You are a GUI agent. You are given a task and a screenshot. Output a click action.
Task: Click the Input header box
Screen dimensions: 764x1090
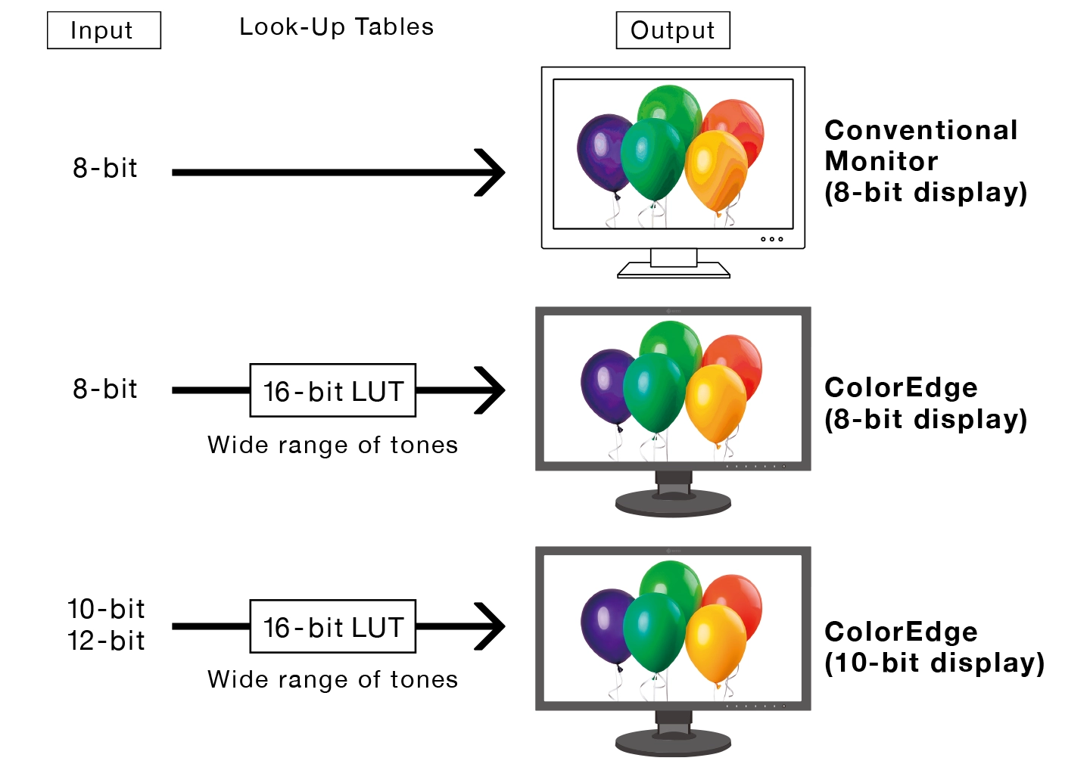(x=104, y=30)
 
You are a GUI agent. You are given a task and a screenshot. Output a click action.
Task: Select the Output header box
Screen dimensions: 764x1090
(x=673, y=30)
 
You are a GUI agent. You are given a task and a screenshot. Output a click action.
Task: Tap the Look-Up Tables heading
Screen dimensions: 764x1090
(x=336, y=27)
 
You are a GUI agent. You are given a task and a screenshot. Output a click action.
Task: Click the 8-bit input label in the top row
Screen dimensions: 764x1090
(x=105, y=168)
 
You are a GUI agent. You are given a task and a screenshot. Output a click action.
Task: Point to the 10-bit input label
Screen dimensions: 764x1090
(x=106, y=609)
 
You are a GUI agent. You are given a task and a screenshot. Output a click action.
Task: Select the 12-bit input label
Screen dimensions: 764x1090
(x=106, y=641)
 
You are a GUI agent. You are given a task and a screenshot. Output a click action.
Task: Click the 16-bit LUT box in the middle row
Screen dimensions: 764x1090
(x=333, y=390)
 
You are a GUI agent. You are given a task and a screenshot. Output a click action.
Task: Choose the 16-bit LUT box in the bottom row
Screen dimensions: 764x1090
(x=333, y=626)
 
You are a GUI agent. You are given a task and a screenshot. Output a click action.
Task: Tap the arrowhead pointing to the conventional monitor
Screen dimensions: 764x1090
(x=492, y=172)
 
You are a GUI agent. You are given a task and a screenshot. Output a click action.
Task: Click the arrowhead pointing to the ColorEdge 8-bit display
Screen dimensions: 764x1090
(x=492, y=390)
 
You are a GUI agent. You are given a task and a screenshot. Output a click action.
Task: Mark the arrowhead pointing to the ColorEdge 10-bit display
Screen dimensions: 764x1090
(x=492, y=626)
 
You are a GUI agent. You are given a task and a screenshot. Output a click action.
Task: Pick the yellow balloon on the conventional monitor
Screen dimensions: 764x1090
(x=715, y=170)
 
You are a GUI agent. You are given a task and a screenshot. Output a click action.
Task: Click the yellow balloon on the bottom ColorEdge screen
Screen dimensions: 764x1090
(x=715, y=639)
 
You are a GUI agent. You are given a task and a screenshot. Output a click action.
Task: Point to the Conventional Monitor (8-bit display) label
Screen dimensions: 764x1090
(x=925, y=161)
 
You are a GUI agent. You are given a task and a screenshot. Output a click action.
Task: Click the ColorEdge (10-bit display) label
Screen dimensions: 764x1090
(x=933, y=647)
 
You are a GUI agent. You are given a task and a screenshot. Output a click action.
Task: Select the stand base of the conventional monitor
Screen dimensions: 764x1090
(x=674, y=270)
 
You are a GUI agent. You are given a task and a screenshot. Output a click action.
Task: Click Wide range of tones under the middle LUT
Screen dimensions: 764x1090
(x=333, y=445)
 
